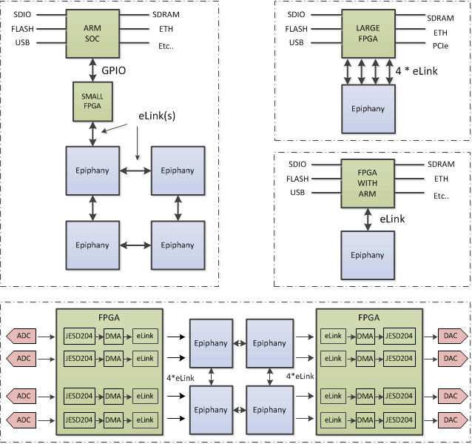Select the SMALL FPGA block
pyautogui.click(x=92, y=100)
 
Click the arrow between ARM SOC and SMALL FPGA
pyautogui.click(x=92, y=68)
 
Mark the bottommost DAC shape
pyautogui.click(x=451, y=420)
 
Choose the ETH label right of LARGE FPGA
pyautogui.click(x=440, y=33)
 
